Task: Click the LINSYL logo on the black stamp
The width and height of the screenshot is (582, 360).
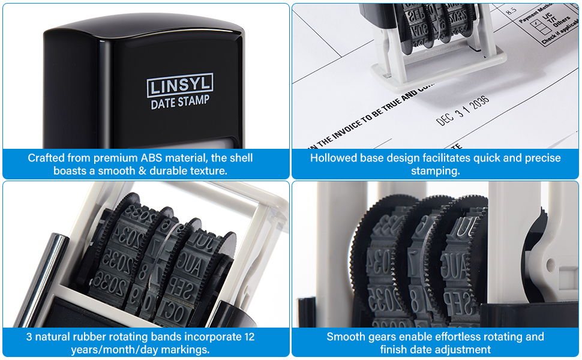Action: [x=179, y=85]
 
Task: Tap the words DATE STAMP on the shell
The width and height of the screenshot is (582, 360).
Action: [x=179, y=102]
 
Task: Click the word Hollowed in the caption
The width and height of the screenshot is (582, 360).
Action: [x=333, y=158]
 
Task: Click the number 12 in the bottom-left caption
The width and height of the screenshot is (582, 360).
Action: [x=249, y=337]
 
